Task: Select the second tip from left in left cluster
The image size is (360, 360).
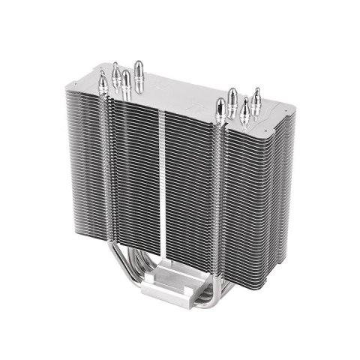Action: [116, 71]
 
